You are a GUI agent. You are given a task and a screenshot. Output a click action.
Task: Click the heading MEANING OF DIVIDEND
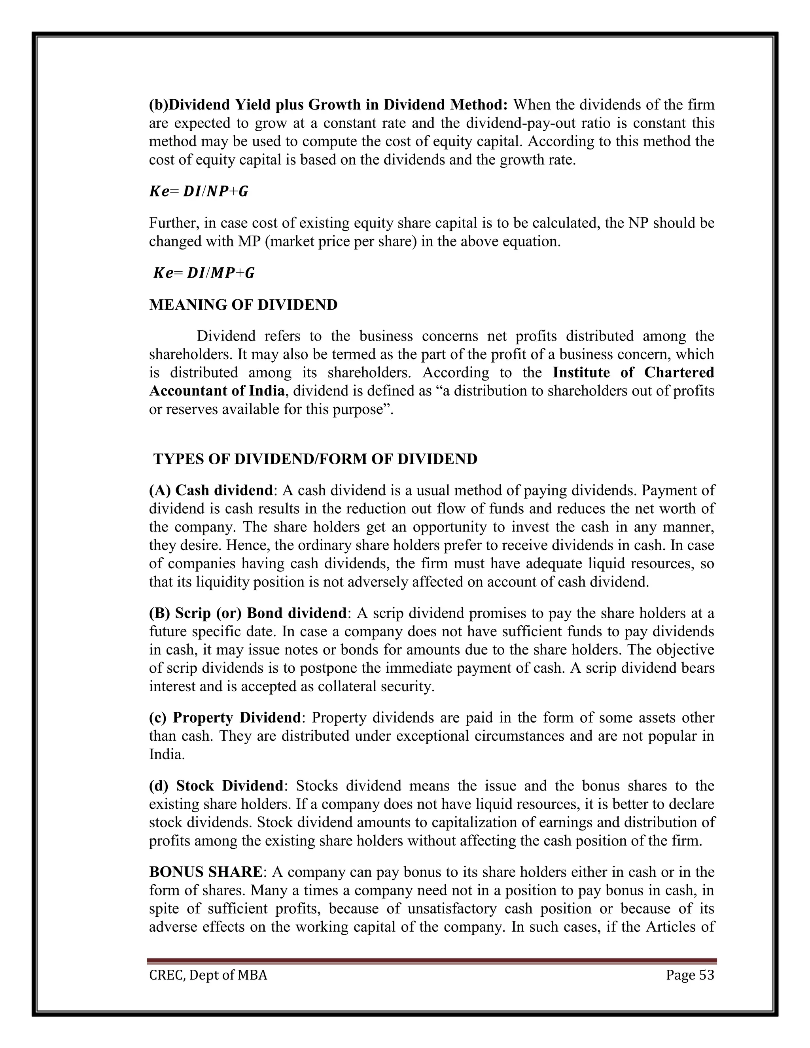click(x=243, y=305)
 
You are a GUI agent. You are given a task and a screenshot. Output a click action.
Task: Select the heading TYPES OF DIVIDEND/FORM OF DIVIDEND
click(x=315, y=459)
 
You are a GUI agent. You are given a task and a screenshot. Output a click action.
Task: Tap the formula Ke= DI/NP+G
click(x=199, y=192)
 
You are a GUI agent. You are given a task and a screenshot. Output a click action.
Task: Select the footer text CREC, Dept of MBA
click(x=208, y=975)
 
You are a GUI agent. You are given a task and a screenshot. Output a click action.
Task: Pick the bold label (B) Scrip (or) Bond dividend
click(x=248, y=613)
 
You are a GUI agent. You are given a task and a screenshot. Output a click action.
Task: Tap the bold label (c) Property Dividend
click(x=225, y=718)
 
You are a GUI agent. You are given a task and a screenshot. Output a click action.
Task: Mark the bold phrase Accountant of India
click(x=217, y=391)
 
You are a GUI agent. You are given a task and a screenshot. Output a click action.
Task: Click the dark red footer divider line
click(x=432, y=961)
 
